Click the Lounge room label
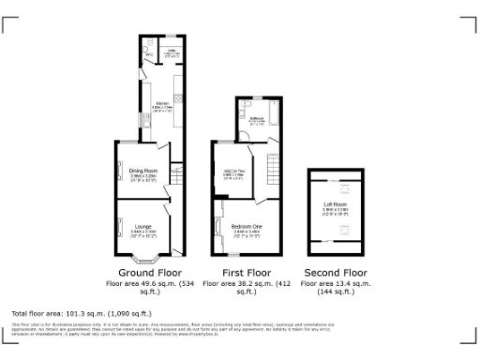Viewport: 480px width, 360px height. coord(144,226)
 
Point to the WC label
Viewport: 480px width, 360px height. coord(148,55)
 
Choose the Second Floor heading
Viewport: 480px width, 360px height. coord(336,272)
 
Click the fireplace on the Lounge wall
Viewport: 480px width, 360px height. coord(119,226)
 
